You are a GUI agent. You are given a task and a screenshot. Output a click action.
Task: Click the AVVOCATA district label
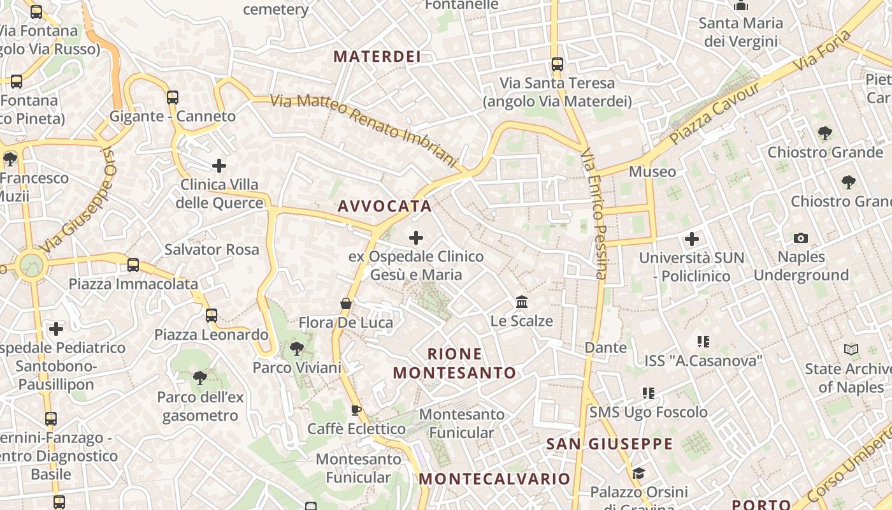[x=385, y=207]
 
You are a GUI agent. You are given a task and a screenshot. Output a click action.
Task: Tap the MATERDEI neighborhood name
[x=377, y=57]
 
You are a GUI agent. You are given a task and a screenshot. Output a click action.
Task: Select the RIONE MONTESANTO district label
[x=454, y=363]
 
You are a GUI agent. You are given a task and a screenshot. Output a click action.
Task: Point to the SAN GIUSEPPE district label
[x=609, y=444]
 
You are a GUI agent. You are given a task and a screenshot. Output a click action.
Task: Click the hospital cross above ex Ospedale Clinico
[x=416, y=238]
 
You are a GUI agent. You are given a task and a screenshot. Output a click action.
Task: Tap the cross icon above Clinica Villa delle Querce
[x=219, y=166]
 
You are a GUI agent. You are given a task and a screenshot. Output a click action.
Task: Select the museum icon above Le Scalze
[x=522, y=302]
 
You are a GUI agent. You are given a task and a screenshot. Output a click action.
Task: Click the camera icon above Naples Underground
[x=801, y=238]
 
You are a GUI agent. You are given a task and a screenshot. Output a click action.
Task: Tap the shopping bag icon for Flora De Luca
[x=346, y=303]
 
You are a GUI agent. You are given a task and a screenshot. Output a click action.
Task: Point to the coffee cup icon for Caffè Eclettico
[x=356, y=410]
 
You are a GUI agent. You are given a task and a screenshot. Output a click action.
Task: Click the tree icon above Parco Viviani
[x=296, y=349]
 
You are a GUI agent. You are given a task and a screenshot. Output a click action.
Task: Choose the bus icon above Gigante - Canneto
[x=173, y=98]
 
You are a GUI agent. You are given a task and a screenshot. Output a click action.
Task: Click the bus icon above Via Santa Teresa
[x=557, y=64]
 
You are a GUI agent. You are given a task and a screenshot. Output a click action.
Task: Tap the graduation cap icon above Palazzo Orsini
[x=638, y=473]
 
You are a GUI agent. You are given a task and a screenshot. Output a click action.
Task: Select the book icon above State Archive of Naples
[x=851, y=349]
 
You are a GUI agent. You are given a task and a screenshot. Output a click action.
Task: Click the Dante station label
[x=606, y=347]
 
